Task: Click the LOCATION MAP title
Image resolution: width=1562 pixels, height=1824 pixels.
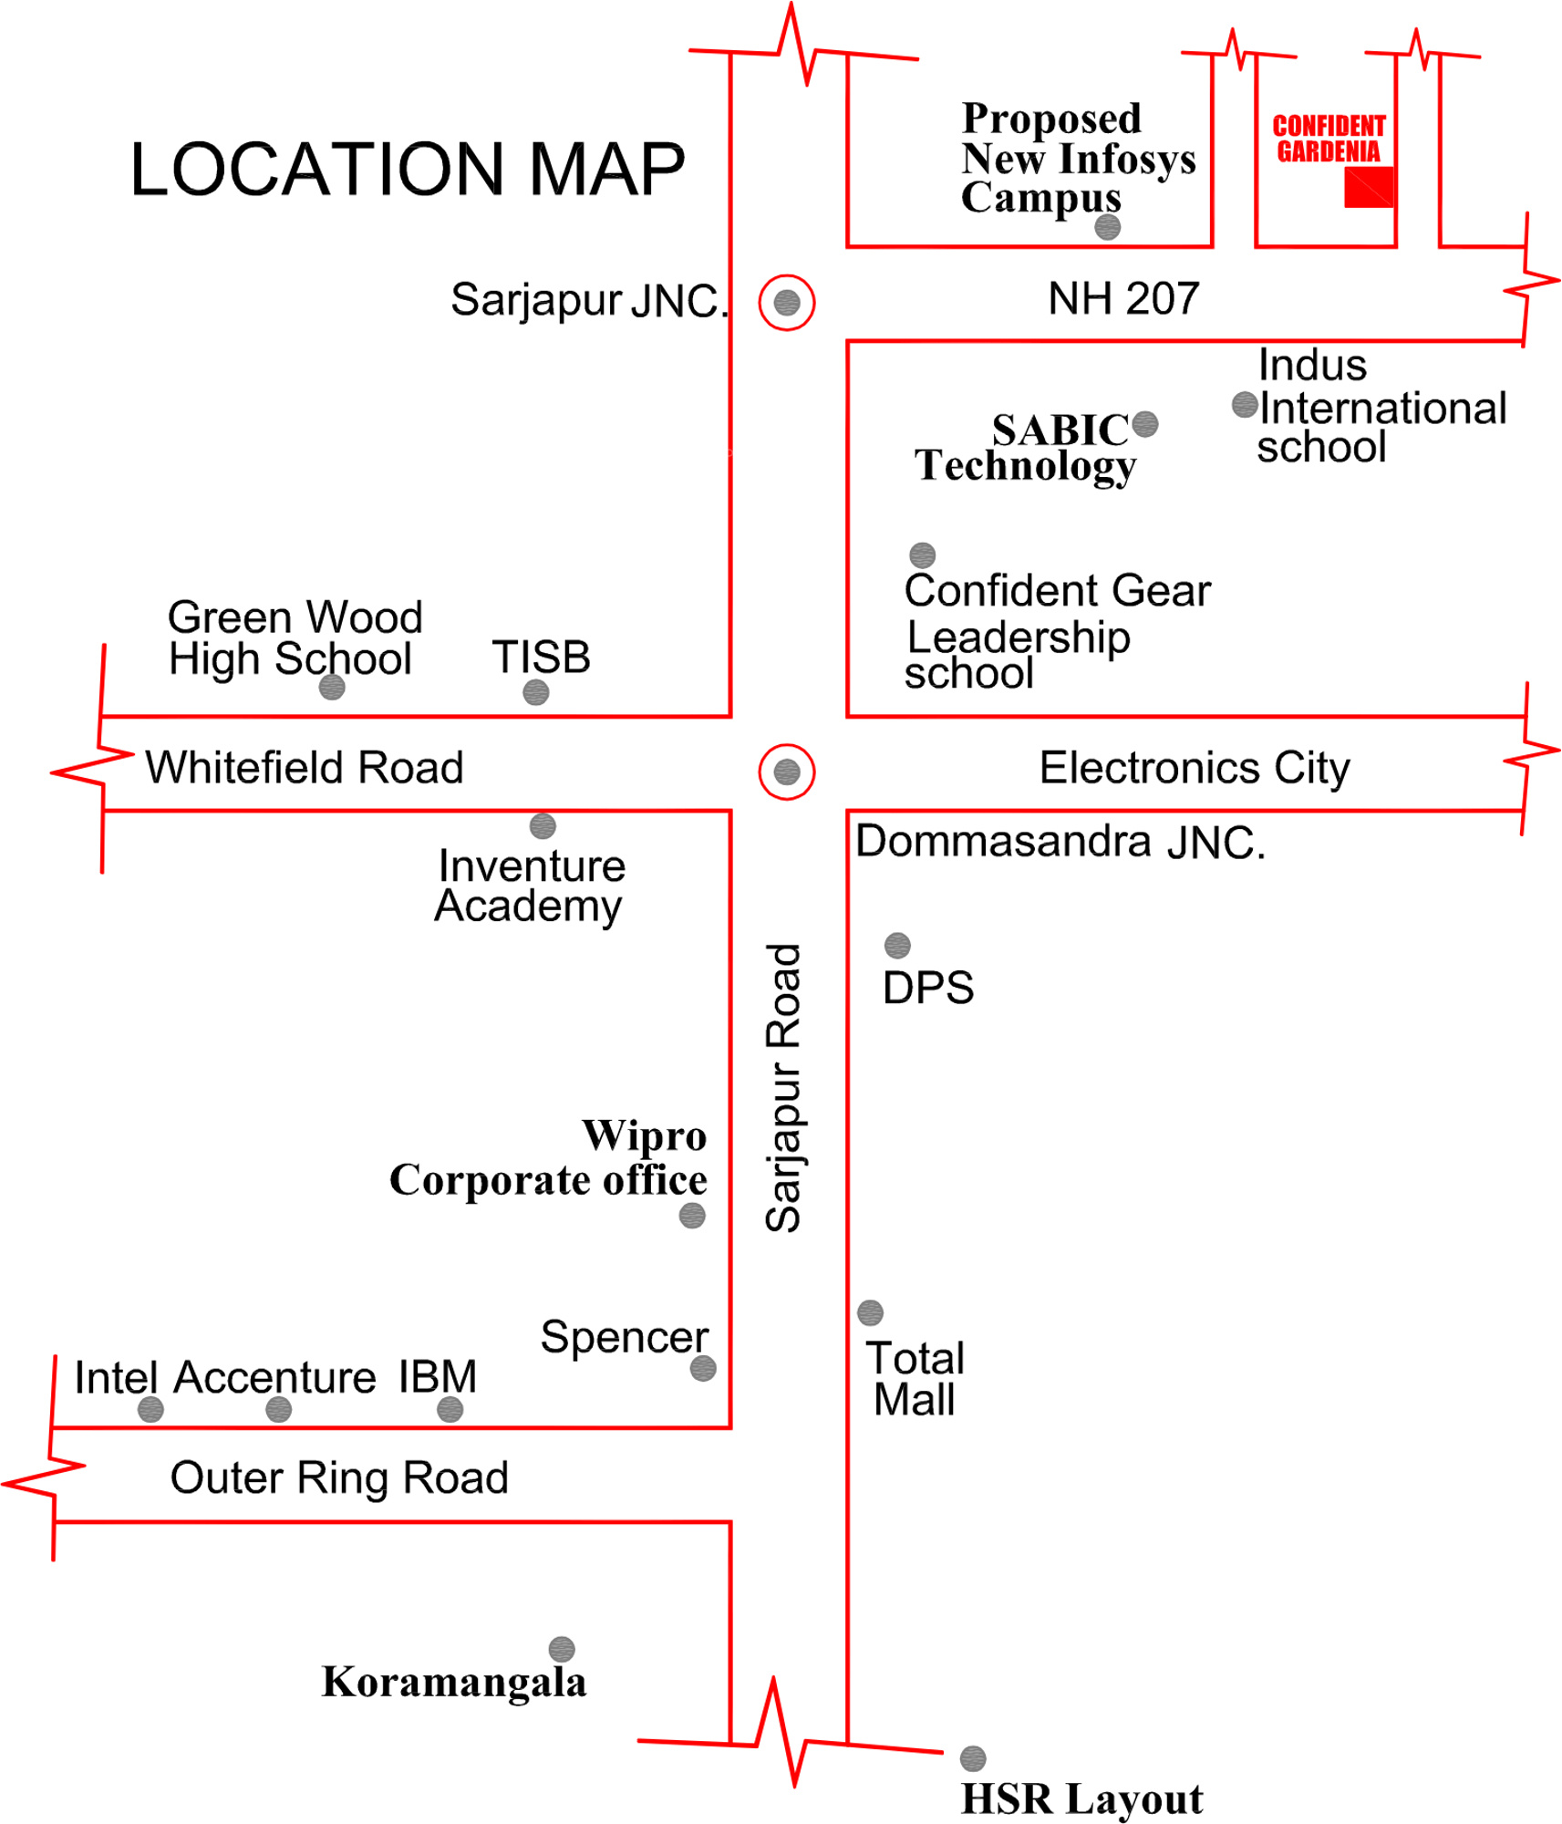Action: point(407,170)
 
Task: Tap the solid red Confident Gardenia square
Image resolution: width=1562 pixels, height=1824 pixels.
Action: point(1369,187)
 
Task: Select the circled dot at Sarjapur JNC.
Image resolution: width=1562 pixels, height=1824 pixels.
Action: point(787,303)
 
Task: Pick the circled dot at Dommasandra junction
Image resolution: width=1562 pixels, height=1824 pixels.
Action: point(787,772)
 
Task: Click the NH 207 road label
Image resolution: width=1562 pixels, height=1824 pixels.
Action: point(1123,299)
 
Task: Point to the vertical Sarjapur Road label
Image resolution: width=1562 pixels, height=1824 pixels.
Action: point(783,1087)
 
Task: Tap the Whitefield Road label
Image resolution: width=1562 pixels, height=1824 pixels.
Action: point(305,768)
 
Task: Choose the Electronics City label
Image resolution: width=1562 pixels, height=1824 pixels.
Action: point(1195,768)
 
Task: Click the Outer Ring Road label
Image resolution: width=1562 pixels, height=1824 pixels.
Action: point(339,1478)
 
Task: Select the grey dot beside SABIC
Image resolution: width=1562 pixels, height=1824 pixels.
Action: point(1145,424)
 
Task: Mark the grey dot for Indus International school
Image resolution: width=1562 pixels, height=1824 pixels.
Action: point(1245,405)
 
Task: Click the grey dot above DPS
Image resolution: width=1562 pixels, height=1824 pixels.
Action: point(897,946)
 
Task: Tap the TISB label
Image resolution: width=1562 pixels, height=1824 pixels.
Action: point(542,658)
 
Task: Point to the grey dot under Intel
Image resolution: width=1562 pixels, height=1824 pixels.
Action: point(150,1411)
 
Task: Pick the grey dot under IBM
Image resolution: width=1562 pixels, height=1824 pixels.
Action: point(450,1411)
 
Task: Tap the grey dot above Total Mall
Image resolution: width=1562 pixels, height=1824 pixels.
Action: point(871,1313)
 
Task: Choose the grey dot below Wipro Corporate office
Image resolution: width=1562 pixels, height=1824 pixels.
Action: point(692,1216)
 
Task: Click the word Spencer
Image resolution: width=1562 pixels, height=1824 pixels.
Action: point(625,1338)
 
